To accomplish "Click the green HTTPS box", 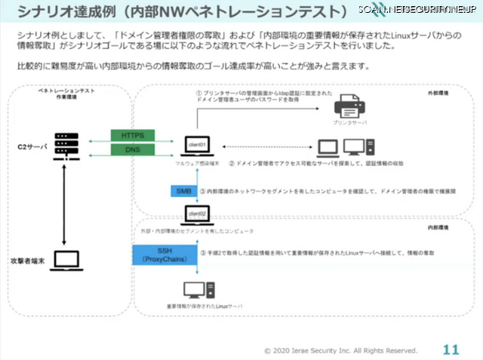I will (133, 135).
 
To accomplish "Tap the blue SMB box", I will (183, 192).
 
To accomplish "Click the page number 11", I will (450, 349).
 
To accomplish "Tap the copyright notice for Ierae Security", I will (340, 350).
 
